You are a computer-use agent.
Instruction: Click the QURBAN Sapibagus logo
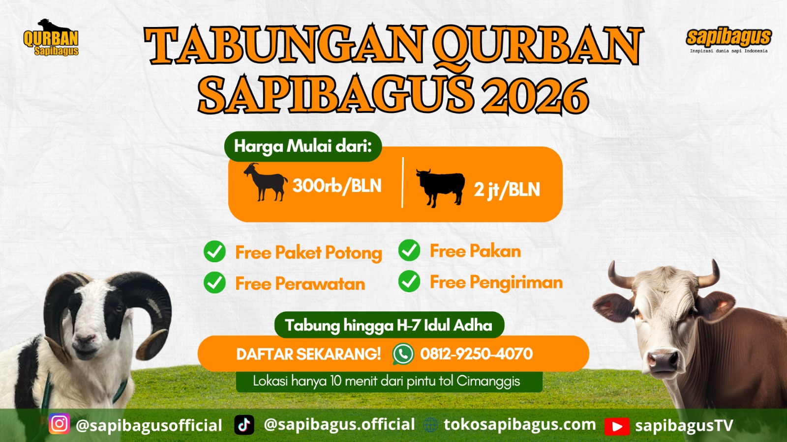coord(51,37)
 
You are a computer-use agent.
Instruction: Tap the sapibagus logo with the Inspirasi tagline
coord(728,40)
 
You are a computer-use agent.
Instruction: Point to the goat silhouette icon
coord(266,182)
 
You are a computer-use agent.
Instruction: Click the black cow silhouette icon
coord(441,188)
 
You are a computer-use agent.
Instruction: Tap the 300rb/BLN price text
coord(337,186)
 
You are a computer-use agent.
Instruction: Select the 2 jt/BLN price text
coord(507,190)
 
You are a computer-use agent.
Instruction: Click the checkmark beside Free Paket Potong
coord(214,251)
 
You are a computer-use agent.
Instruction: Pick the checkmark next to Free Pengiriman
coord(409,281)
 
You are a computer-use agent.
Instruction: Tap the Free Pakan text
coord(475,251)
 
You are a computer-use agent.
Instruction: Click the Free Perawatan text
coord(300,283)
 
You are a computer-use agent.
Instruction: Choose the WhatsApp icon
coord(403,354)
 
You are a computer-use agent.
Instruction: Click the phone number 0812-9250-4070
coord(477,354)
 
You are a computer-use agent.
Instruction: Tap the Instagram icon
coord(60,423)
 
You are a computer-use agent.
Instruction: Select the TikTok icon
coord(244,425)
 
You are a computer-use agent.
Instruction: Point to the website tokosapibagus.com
coord(520,424)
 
